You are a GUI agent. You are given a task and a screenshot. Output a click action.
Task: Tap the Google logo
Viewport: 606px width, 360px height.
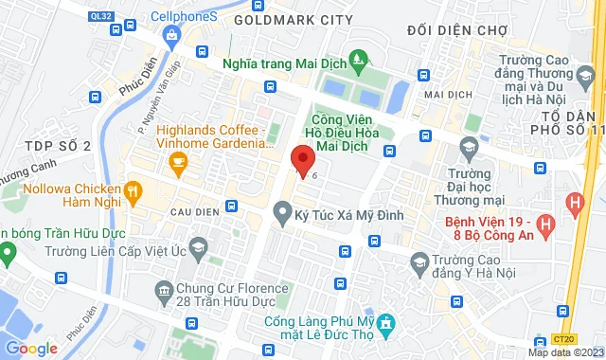[x=31, y=349]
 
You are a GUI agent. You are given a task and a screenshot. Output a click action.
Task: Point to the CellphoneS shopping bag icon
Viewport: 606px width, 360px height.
[x=171, y=37]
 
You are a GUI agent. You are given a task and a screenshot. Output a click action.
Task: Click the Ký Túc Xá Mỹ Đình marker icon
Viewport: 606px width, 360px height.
[x=281, y=217]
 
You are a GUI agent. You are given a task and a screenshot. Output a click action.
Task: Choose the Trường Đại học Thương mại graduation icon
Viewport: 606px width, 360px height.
[x=468, y=147]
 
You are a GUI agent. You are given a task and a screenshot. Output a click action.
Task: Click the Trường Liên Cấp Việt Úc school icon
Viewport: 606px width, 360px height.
[x=198, y=251]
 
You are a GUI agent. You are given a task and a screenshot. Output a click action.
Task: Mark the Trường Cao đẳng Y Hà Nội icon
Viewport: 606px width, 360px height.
[x=418, y=261]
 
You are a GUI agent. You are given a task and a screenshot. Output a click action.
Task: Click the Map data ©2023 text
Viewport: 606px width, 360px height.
[x=564, y=352]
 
